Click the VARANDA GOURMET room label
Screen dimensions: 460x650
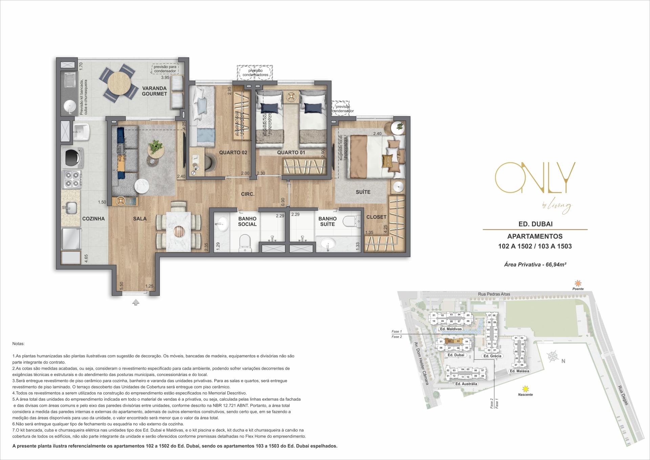tap(154, 91)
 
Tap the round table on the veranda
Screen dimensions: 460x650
tap(118, 85)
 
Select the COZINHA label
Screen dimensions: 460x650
tap(93, 219)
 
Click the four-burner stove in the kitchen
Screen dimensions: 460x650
tap(72, 180)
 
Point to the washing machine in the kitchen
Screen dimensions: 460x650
tap(72, 157)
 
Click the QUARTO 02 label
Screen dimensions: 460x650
tap(233, 153)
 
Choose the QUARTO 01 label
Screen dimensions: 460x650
tap(291, 153)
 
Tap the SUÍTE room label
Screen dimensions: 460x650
tap(363, 192)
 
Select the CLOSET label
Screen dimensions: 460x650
tap(376, 217)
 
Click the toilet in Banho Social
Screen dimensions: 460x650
tap(244, 243)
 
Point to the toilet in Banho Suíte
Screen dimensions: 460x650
tap(350, 222)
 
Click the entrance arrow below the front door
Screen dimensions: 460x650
tap(136, 302)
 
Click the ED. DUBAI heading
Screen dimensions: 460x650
tap(535, 224)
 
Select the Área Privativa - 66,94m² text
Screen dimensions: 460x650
tap(535, 265)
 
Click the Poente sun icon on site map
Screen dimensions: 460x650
tap(578, 283)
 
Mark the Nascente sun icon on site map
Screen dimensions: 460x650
tap(525, 389)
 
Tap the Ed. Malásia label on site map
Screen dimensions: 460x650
tap(519, 371)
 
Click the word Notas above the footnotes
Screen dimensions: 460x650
tap(18, 343)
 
